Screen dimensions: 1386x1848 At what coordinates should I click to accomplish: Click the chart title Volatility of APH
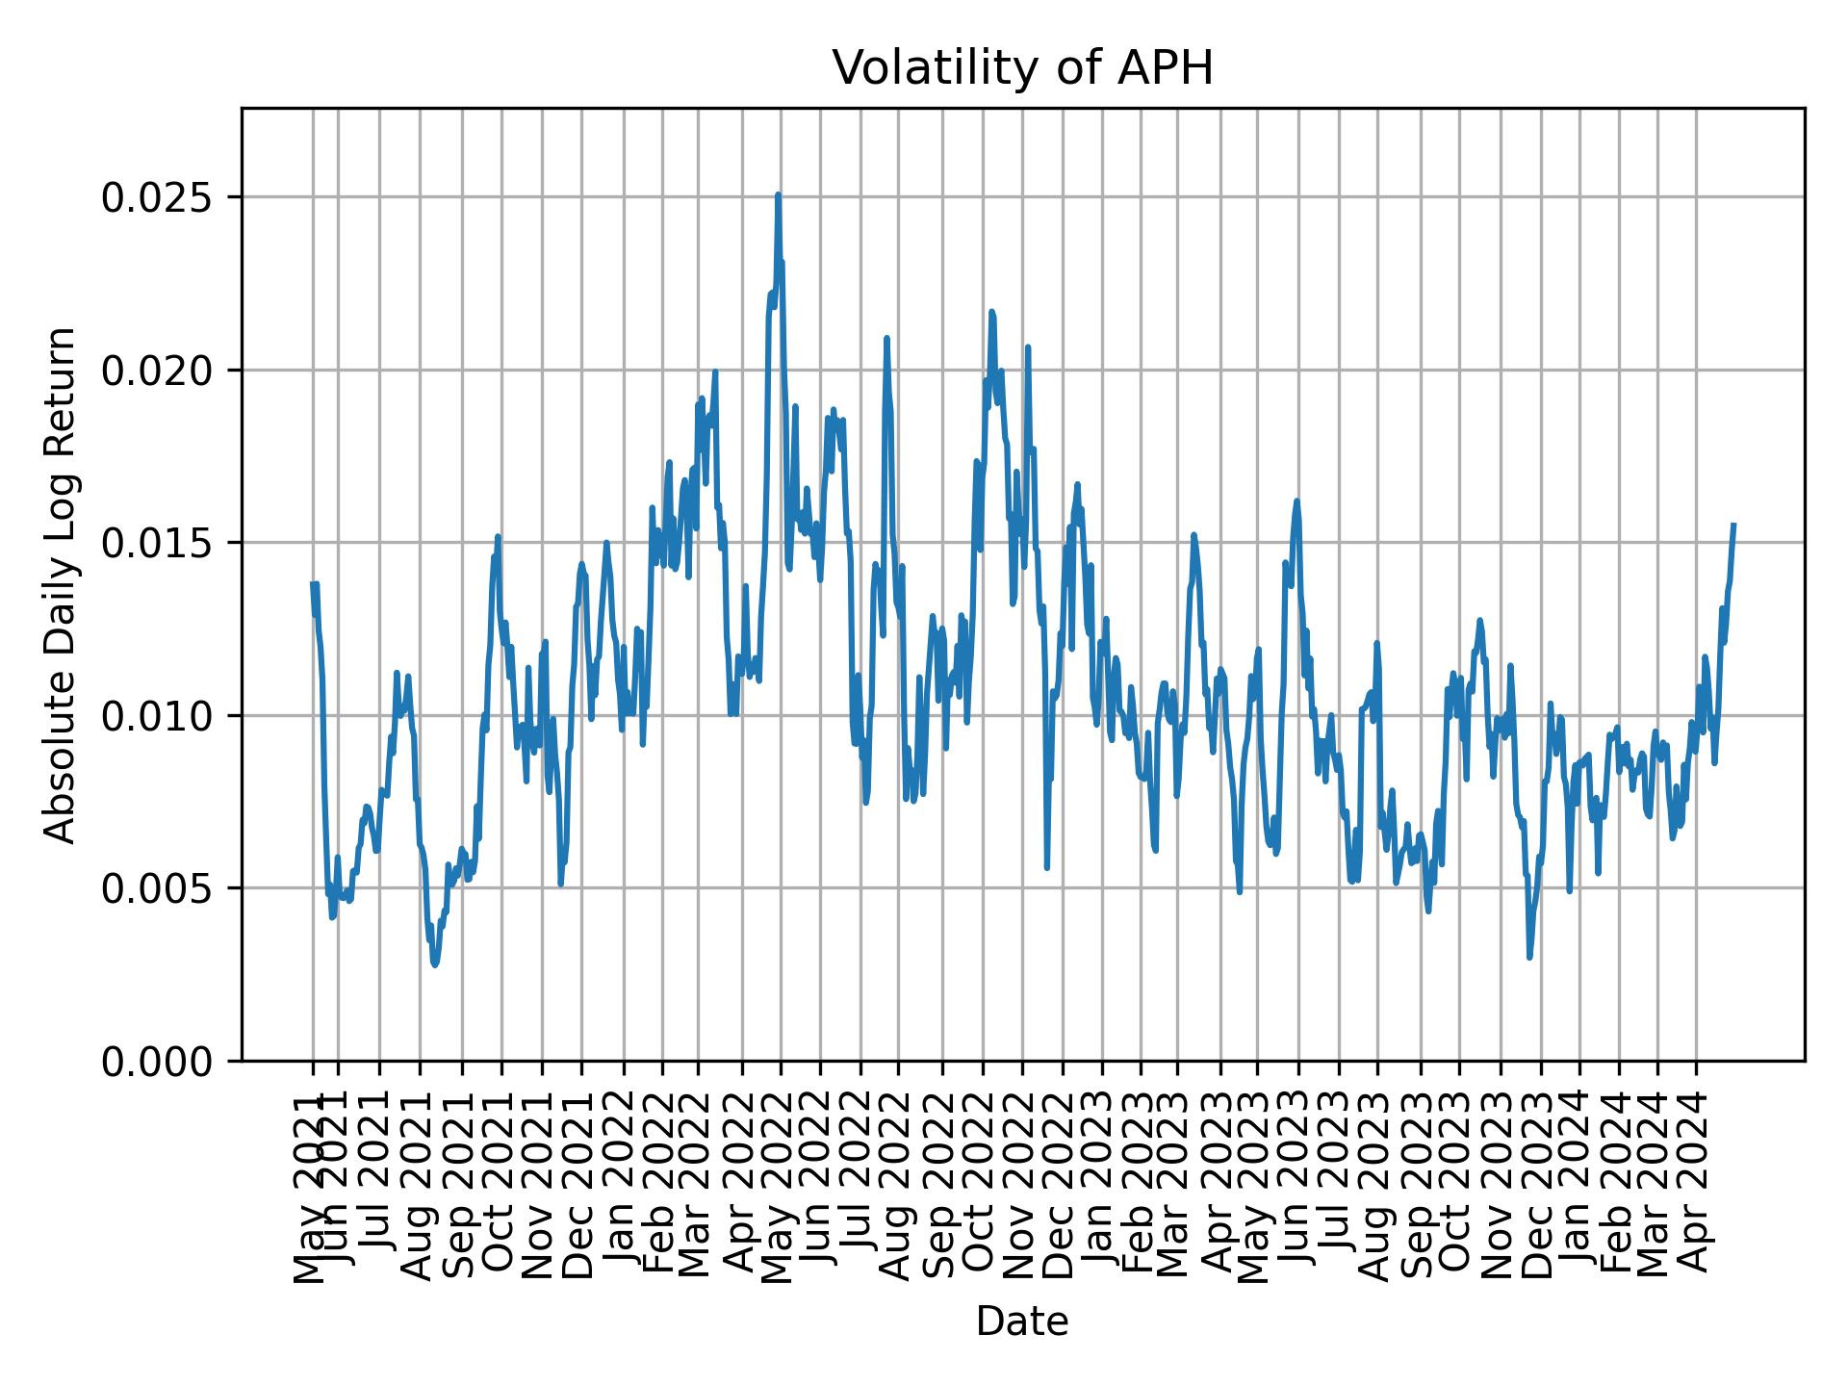[x=1022, y=68]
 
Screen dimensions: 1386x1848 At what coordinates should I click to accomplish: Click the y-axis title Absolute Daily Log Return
[x=61, y=584]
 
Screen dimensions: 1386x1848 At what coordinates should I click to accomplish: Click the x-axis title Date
[x=1022, y=1322]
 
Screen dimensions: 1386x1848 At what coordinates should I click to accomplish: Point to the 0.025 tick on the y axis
[x=158, y=197]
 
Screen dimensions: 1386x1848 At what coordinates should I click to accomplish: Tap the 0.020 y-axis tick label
[x=158, y=370]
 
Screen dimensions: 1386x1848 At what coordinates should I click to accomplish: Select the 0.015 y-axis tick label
[x=158, y=543]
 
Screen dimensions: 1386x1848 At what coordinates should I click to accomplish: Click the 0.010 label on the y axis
[x=158, y=715]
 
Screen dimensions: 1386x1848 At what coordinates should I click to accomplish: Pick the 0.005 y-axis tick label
[x=158, y=888]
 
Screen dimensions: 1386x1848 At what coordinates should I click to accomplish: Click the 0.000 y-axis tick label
[x=158, y=1061]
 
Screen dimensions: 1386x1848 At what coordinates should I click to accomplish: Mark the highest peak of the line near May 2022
[x=778, y=194]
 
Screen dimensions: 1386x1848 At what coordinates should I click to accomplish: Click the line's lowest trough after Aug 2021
[x=435, y=964]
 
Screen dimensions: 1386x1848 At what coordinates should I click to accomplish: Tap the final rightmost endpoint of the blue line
[x=1733, y=525]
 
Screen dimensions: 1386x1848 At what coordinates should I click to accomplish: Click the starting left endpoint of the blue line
[x=313, y=583]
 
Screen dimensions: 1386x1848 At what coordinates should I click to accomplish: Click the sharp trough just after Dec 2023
[x=1529, y=957]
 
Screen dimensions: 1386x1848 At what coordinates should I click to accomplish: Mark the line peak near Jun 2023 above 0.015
[x=1296, y=500]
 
